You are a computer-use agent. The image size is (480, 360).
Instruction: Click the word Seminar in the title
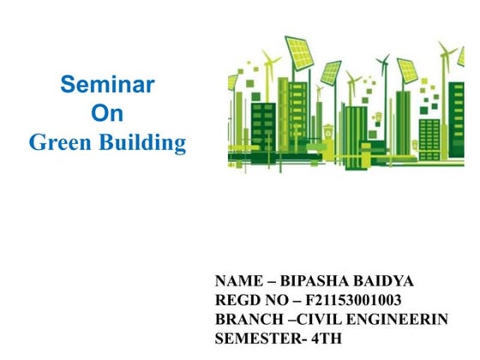[107, 84]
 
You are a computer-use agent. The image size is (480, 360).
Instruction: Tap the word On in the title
[107, 113]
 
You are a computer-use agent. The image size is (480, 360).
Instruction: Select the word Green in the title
[61, 142]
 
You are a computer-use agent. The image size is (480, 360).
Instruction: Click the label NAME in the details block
[237, 280]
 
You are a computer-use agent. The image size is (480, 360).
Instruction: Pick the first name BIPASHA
[318, 280]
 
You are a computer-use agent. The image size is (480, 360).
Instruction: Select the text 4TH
[325, 337]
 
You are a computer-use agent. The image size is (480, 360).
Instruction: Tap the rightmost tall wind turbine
[447, 57]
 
